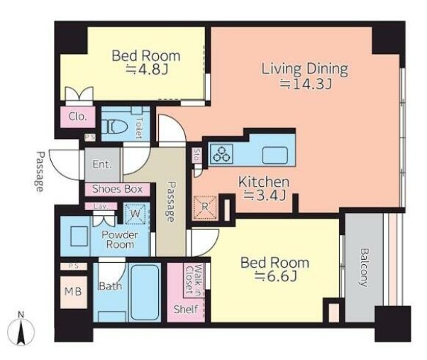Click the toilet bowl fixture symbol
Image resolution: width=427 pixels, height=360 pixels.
tap(115, 127)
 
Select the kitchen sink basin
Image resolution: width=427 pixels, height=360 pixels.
tap(274, 155)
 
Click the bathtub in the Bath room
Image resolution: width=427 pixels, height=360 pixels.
tap(145, 292)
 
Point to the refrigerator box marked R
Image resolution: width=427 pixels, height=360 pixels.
tap(205, 207)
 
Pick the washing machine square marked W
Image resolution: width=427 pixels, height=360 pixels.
tap(135, 214)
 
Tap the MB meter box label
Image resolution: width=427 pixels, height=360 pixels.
tap(73, 292)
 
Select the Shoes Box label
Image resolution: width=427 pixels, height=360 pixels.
tap(117, 189)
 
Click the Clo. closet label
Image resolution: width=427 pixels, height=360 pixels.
tap(77, 116)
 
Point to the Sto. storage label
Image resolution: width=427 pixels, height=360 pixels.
tap(197, 156)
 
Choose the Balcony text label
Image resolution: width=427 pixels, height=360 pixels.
tap(363, 268)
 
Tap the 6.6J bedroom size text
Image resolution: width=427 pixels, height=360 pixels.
tap(275, 277)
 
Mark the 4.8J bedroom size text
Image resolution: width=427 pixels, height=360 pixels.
tap(147, 69)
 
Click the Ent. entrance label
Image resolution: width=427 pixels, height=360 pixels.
tap(102, 164)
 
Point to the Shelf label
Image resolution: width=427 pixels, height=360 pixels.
tap(186, 309)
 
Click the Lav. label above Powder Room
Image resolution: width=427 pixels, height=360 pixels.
tap(101, 207)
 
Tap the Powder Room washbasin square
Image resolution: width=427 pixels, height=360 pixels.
tap(79, 236)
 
